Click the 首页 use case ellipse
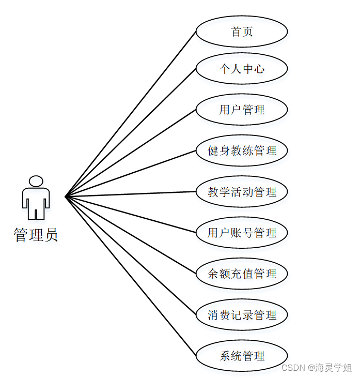point(242,32)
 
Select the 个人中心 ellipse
point(242,68)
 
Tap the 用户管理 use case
point(242,109)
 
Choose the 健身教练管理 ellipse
point(242,150)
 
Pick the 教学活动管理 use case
point(242,192)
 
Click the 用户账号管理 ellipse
point(242,233)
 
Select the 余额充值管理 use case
point(242,274)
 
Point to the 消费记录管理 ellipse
point(242,314)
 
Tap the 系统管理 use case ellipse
point(242,356)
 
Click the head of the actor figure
point(36,181)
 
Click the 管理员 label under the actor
point(36,235)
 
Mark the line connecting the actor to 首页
point(131,114)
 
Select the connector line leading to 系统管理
point(131,276)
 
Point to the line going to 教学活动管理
point(131,194)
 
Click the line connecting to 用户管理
point(131,153)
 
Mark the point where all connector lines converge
point(66,197)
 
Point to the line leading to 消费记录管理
point(131,255)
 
